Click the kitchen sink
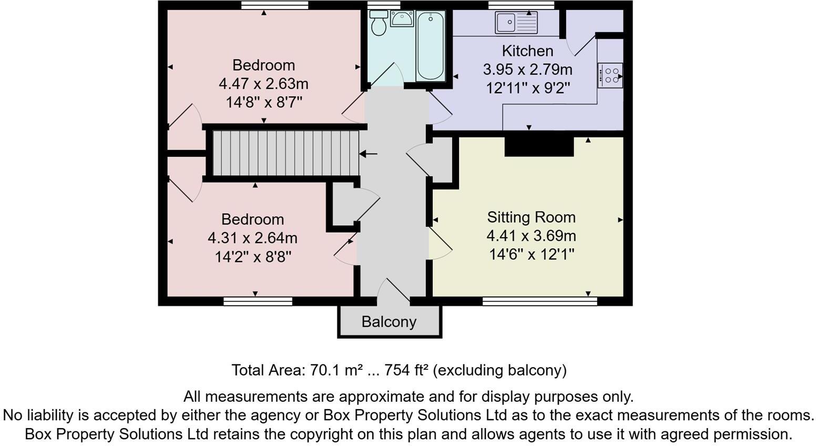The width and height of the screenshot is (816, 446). click(x=516, y=23)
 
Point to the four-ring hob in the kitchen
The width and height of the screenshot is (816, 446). click(x=610, y=74)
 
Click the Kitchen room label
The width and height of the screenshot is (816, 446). click(x=527, y=51)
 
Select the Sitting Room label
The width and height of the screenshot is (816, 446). click(x=531, y=217)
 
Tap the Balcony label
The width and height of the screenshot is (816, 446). click(x=389, y=321)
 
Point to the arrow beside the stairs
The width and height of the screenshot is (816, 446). click(x=369, y=154)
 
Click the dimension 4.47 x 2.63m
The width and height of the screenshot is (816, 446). click(x=263, y=84)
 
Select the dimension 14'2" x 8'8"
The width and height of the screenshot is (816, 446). click(x=253, y=257)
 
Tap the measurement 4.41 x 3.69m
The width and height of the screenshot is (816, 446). click(x=531, y=236)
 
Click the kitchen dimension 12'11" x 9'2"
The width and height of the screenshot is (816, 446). click(x=528, y=88)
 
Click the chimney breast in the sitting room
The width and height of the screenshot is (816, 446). click(x=539, y=146)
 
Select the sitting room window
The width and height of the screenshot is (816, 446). click(x=539, y=301)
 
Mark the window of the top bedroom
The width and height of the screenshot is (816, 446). click(x=274, y=5)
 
